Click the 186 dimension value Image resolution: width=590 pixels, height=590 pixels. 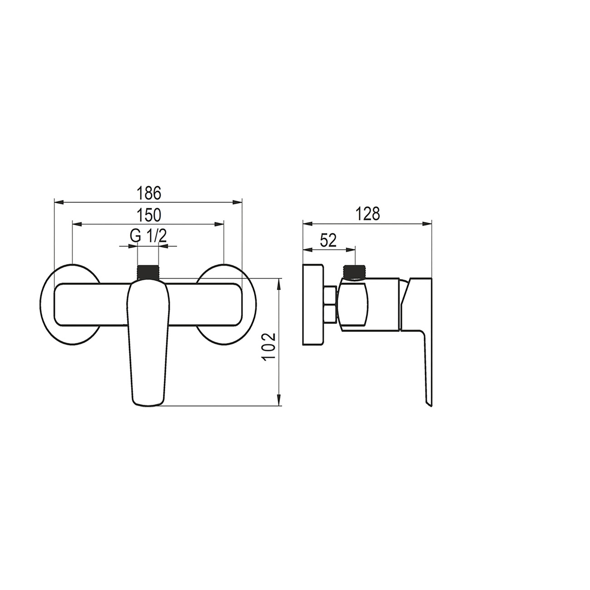click(148, 193)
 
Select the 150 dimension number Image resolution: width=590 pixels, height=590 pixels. click(148, 215)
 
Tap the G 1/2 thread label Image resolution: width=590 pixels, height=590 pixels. click(148, 236)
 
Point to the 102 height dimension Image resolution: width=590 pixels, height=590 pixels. click(270, 347)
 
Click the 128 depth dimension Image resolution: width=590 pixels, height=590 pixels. click(368, 214)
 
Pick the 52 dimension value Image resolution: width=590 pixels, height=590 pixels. click(328, 241)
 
